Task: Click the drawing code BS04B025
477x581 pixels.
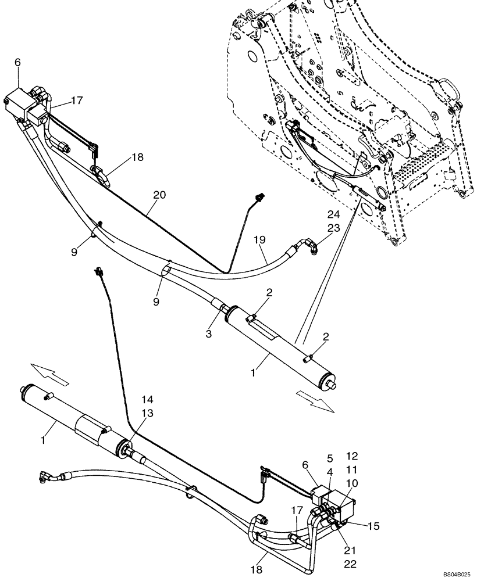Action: (x=454, y=574)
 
